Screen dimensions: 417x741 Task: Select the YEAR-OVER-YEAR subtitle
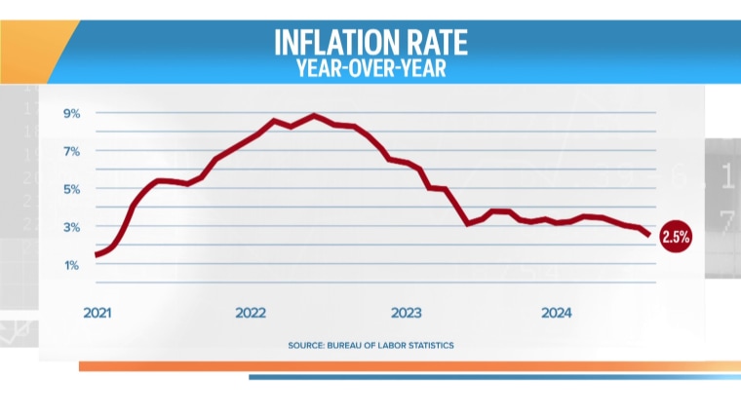[370, 69]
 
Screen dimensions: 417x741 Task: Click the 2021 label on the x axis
[97, 313]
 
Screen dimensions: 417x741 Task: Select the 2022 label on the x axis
[251, 313]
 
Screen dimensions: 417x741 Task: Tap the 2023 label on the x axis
[406, 313]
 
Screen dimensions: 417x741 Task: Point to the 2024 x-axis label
[557, 313]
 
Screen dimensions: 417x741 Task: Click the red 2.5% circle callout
[676, 236]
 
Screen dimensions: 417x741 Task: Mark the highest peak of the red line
[314, 116]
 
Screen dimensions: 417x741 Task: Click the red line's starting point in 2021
[97, 255]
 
